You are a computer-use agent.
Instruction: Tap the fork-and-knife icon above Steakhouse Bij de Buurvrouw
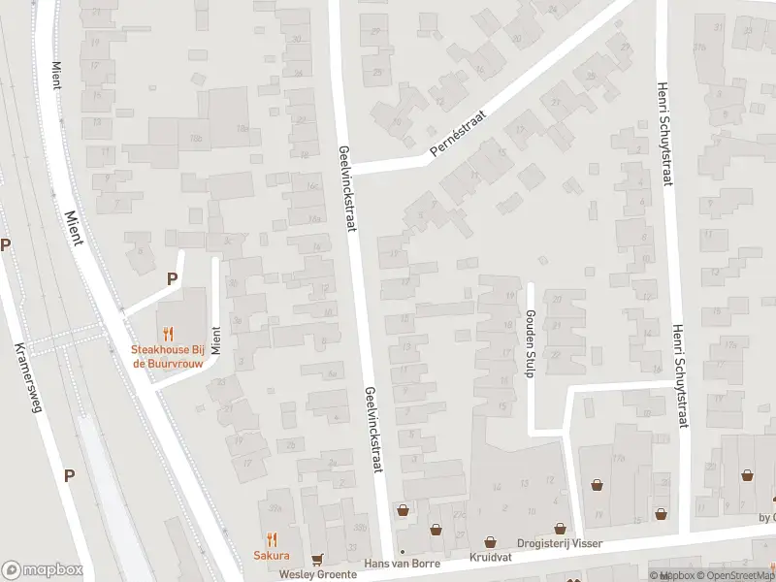pos(168,333)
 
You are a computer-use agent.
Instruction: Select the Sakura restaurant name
pos(272,556)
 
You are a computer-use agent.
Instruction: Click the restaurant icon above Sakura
pos(272,538)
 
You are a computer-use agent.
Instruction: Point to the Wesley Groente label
pos(311,574)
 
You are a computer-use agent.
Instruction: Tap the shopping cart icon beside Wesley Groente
pos(317,559)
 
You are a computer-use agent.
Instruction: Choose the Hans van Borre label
pos(401,564)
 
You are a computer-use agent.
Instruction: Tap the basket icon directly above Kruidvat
pos(488,542)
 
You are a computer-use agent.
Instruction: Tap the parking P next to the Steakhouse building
pos(172,278)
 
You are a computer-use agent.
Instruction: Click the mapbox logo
pos(42,570)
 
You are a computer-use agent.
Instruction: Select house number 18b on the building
pos(196,140)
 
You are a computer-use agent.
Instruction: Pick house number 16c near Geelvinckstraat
pos(312,186)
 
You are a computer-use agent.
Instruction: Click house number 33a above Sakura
pos(275,507)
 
